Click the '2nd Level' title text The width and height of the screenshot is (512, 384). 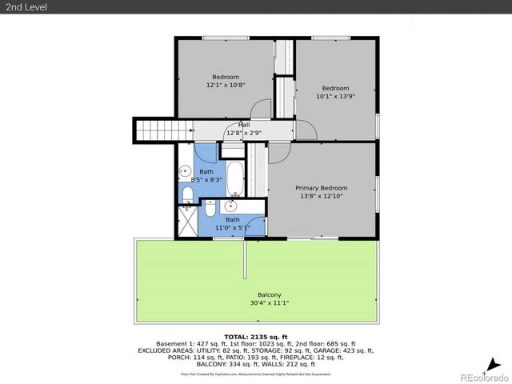(x=25, y=7)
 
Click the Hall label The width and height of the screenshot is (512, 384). (x=243, y=125)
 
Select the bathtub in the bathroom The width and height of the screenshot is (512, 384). (x=234, y=179)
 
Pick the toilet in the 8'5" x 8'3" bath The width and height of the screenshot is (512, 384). (x=186, y=194)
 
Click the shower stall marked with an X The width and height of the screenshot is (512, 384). (x=187, y=218)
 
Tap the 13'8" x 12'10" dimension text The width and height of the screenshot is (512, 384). (x=321, y=196)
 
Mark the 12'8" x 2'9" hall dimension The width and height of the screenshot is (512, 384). (x=243, y=133)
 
